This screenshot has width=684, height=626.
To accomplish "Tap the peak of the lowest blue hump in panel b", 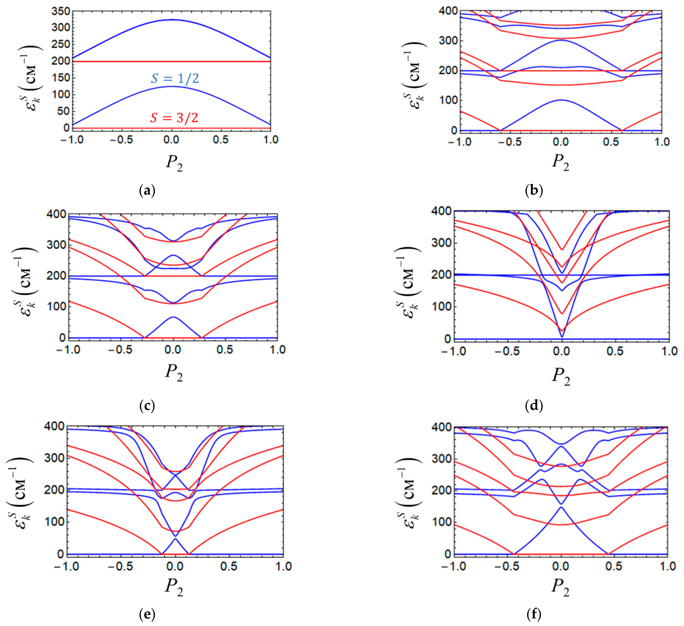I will (x=561, y=100).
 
